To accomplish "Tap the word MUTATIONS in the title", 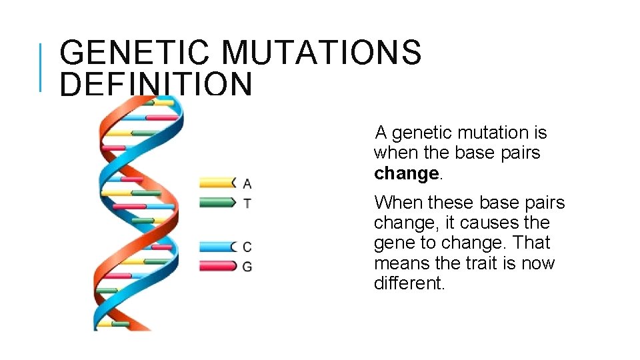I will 321,53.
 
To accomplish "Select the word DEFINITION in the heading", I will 156,85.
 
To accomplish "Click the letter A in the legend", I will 247,183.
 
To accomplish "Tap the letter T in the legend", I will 247,203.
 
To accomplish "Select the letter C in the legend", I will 247,247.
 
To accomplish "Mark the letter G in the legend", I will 247,267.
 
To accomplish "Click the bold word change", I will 406,173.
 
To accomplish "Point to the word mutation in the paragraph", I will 481,133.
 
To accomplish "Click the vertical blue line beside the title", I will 41,67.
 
